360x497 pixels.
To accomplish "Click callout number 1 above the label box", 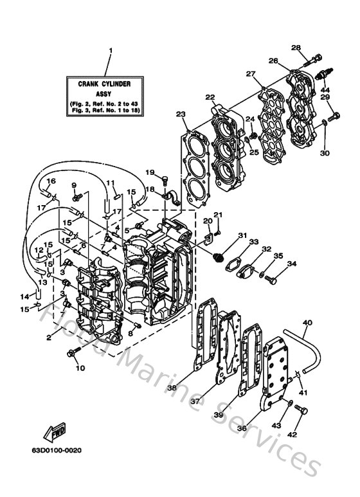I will (x=110, y=50).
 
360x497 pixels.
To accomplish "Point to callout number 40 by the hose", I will (x=307, y=323).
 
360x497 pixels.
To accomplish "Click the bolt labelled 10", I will (x=71, y=352).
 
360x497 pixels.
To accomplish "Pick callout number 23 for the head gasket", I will (x=181, y=114).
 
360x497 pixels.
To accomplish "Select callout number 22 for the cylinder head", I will (x=210, y=97).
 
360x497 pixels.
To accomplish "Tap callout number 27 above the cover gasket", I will (x=249, y=75).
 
